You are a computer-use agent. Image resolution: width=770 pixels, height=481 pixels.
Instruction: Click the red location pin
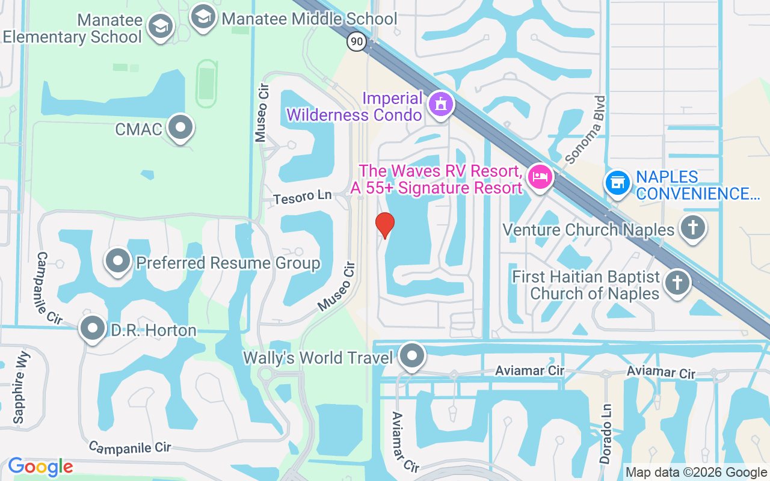point(385,225)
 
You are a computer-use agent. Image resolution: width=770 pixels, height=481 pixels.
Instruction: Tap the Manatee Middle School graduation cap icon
point(203,17)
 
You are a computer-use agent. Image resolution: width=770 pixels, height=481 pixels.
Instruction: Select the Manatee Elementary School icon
point(160,27)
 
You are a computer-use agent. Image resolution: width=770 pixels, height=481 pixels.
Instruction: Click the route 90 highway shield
point(356,41)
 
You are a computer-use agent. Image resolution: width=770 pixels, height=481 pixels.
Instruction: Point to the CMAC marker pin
point(180,128)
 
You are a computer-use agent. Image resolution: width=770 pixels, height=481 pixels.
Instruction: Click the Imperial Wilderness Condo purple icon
point(441,105)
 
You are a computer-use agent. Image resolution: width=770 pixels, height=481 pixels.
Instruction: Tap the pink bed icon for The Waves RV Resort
point(540,177)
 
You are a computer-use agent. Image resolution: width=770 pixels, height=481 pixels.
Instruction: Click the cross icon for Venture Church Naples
point(692,227)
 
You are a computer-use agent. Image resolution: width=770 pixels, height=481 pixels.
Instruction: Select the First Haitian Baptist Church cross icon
point(677,283)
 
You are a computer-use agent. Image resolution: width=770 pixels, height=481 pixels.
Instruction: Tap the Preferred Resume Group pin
point(118,262)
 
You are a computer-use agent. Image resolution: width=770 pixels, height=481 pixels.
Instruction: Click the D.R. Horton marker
point(93,329)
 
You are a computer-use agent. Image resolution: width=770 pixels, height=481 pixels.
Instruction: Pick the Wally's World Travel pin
point(412,356)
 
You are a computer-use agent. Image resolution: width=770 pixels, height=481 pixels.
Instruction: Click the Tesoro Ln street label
point(303,197)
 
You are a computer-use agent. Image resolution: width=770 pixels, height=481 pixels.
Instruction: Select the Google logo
point(40,467)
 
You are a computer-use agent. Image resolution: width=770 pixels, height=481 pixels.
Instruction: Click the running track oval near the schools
point(206,84)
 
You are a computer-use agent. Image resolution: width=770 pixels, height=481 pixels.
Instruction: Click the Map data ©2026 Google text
point(695,472)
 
